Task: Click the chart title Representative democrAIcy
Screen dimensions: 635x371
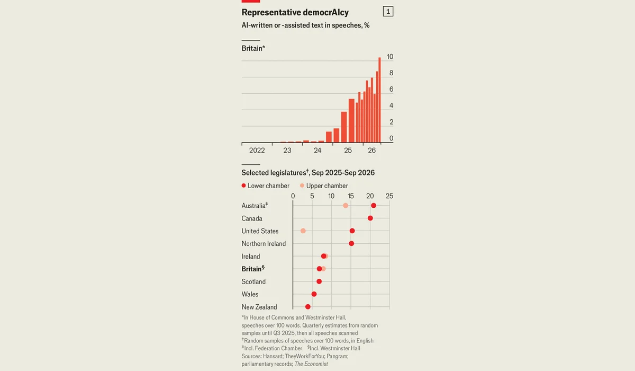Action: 295,12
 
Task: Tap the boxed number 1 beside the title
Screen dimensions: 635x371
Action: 388,11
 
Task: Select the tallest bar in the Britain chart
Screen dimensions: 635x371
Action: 379,100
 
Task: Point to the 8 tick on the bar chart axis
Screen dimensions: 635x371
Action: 391,73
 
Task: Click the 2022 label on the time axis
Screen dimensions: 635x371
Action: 257,150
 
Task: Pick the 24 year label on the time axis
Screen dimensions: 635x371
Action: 317,150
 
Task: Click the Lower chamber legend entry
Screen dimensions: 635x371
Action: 265,185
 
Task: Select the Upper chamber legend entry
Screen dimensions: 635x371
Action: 324,185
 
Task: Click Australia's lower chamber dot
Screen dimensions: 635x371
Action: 374,206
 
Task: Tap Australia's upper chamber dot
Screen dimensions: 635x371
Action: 345,206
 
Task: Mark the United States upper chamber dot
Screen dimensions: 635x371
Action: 303,231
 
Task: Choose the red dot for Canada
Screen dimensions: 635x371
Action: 370,218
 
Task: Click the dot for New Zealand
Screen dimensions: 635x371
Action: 308,306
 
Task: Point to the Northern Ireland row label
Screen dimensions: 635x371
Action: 264,244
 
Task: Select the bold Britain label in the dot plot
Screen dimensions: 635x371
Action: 253,269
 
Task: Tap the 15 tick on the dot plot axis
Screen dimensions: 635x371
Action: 351,196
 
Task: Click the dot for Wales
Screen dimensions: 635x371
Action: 314,294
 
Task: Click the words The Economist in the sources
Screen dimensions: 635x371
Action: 311,364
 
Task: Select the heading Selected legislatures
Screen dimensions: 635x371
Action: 274,173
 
